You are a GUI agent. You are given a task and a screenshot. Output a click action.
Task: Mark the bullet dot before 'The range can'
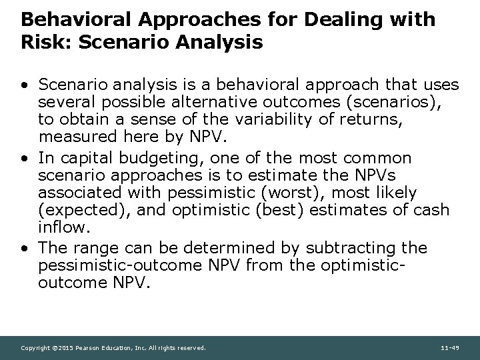[24, 248]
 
